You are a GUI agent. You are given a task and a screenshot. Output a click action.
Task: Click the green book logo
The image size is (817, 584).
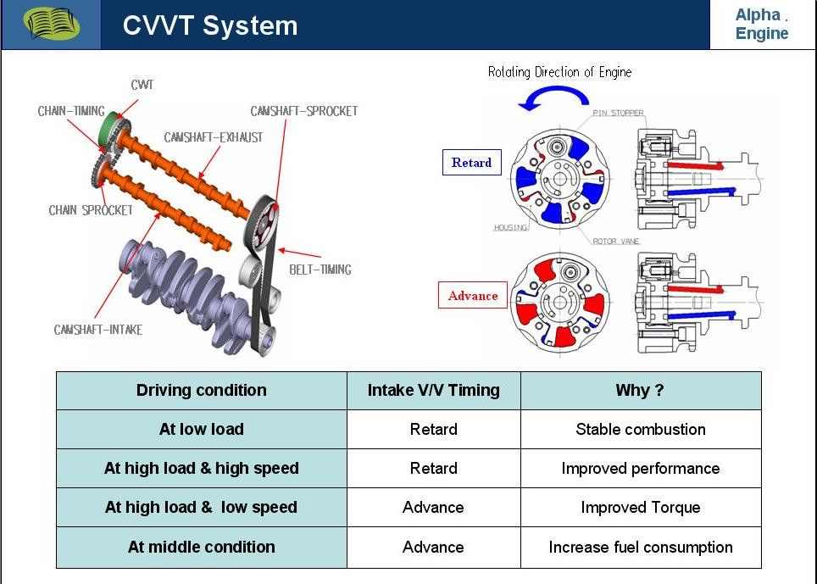(51, 24)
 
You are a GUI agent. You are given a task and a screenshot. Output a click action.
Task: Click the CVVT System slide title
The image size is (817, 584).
(210, 25)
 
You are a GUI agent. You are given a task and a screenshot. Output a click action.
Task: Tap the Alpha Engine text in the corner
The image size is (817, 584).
(761, 24)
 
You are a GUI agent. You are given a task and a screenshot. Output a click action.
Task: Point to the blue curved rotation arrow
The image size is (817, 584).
(553, 98)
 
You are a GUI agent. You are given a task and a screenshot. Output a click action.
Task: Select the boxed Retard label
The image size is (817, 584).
(471, 162)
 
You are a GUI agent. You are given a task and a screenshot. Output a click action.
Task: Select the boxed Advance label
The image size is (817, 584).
(473, 295)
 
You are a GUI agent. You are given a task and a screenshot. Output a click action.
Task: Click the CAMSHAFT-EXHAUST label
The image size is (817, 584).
(214, 137)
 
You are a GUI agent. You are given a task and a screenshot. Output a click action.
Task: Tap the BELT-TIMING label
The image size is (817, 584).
(320, 270)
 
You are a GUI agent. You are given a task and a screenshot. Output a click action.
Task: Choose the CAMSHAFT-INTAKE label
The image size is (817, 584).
(98, 330)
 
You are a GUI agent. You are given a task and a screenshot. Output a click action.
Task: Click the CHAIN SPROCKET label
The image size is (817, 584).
(91, 210)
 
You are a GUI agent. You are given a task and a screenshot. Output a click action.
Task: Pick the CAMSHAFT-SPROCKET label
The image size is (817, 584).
(304, 111)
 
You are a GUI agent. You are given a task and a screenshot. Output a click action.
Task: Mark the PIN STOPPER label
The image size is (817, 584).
(618, 113)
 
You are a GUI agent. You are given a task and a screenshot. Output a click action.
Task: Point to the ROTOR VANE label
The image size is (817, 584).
(616, 242)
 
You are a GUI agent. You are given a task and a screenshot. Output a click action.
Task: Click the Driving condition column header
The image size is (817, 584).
(201, 390)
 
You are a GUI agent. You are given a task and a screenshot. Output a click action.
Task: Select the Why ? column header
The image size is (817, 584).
(640, 390)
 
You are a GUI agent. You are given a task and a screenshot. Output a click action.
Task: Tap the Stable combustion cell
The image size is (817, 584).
(641, 429)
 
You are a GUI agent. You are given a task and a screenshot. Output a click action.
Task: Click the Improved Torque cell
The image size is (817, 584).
(641, 508)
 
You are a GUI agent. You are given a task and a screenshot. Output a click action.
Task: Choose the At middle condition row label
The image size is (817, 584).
(201, 547)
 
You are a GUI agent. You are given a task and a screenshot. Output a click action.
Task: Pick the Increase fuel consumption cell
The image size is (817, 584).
(641, 547)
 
